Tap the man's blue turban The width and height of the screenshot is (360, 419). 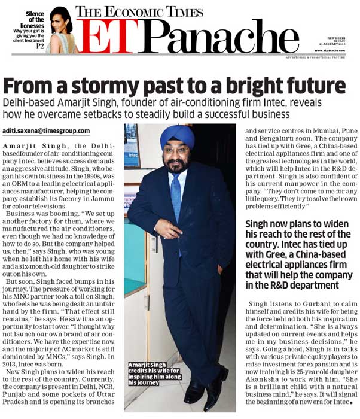(x=177, y=137)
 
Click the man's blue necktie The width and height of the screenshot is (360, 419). (x=176, y=194)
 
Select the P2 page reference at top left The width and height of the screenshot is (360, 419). (x=41, y=46)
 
